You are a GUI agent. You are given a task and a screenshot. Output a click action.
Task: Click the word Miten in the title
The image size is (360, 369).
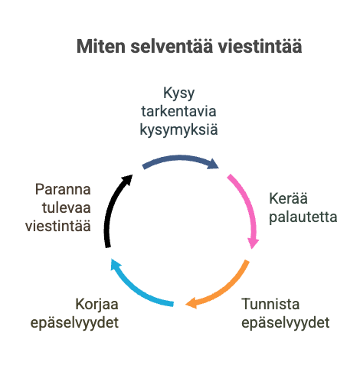coord(101,47)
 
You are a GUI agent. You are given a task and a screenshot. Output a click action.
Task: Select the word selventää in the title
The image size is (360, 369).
coord(172,47)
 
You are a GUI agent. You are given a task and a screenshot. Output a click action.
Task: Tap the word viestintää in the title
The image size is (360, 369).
coord(260,47)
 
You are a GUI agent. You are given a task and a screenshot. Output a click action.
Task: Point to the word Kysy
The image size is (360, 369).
coord(178,93)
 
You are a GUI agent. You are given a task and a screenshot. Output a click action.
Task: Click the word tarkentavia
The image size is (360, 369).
coord(178,111)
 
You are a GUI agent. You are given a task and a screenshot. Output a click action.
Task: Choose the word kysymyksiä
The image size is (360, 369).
coord(178,129)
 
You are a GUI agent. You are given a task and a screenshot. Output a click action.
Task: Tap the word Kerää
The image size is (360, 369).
coord(288,198)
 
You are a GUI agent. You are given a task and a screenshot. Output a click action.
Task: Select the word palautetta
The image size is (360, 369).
coord(303,217)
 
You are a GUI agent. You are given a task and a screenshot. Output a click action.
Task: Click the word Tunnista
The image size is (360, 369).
coord(270,304)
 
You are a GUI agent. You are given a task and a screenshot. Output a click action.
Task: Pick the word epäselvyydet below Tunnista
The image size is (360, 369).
coord(286,322)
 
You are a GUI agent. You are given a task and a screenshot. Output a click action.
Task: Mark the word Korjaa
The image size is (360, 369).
coord(97,305)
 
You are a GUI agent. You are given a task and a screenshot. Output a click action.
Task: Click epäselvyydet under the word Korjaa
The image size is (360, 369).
coord(74,322)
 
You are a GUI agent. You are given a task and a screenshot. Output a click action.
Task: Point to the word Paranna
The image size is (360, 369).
coord(63,189)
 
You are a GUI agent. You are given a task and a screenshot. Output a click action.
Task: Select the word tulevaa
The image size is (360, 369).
coord(67,207)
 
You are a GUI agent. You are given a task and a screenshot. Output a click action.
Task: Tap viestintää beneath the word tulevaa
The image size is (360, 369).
coord(58,226)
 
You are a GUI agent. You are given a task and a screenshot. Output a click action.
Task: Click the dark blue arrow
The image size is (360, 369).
coord(180,158)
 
